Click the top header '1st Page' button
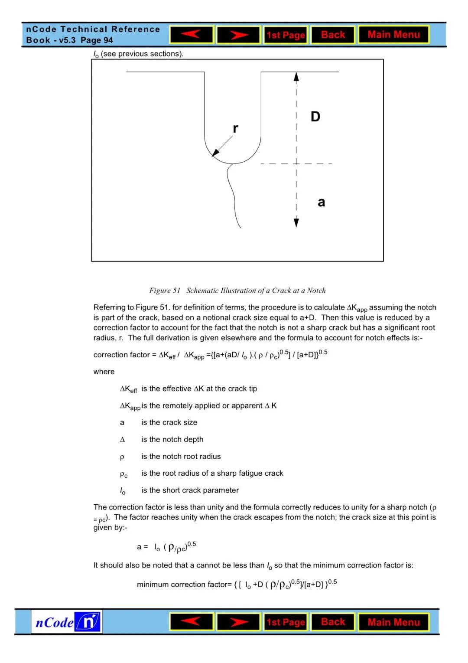click(286, 35)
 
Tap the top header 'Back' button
click(333, 35)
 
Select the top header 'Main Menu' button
click(393, 35)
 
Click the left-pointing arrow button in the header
click(192, 35)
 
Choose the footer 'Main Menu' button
click(393, 622)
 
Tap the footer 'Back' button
click(333, 622)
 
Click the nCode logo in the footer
click(67, 622)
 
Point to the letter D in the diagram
click(315, 117)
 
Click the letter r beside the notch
click(235, 128)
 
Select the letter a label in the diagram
click(321, 202)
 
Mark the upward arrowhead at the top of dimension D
click(296, 77)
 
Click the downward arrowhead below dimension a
click(296, 223)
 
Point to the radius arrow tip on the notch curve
click(214, 154)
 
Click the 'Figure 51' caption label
click(165, 291)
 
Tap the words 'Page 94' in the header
click(97, 40)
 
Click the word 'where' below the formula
click(104, 372)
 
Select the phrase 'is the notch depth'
click(172, 439)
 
